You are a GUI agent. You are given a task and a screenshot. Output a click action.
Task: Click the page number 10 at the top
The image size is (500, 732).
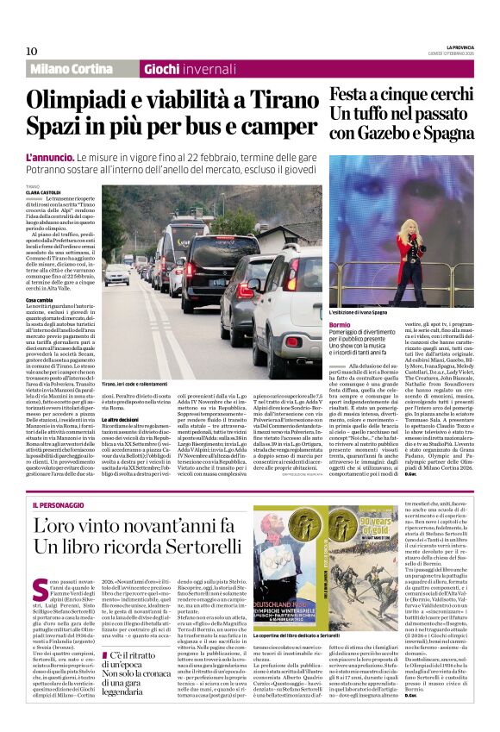(x=31, y=51)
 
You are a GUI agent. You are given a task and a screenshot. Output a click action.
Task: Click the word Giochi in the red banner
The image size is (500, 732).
(x=162, y=69)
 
